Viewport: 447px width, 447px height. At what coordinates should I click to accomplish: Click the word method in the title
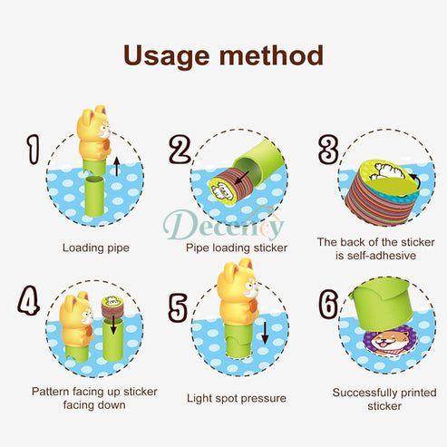271,55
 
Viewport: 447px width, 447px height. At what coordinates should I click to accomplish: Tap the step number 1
33,150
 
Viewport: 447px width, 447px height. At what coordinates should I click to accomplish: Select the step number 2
180,150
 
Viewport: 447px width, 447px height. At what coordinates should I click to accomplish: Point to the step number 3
328,150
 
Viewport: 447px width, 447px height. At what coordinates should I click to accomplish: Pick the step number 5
178,307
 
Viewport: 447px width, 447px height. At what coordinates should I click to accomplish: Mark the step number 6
328,304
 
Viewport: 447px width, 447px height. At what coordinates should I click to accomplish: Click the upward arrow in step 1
117,167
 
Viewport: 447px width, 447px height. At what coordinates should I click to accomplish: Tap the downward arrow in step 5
265,333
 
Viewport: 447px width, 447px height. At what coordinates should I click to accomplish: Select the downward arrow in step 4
113,325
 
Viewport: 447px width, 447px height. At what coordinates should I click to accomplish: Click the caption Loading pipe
96,248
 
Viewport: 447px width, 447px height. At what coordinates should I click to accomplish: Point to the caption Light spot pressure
237,398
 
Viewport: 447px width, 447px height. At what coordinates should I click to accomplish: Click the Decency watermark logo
223,224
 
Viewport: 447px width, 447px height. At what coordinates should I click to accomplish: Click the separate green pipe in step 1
94,197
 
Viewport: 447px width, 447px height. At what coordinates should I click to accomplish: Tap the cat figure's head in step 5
238,279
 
